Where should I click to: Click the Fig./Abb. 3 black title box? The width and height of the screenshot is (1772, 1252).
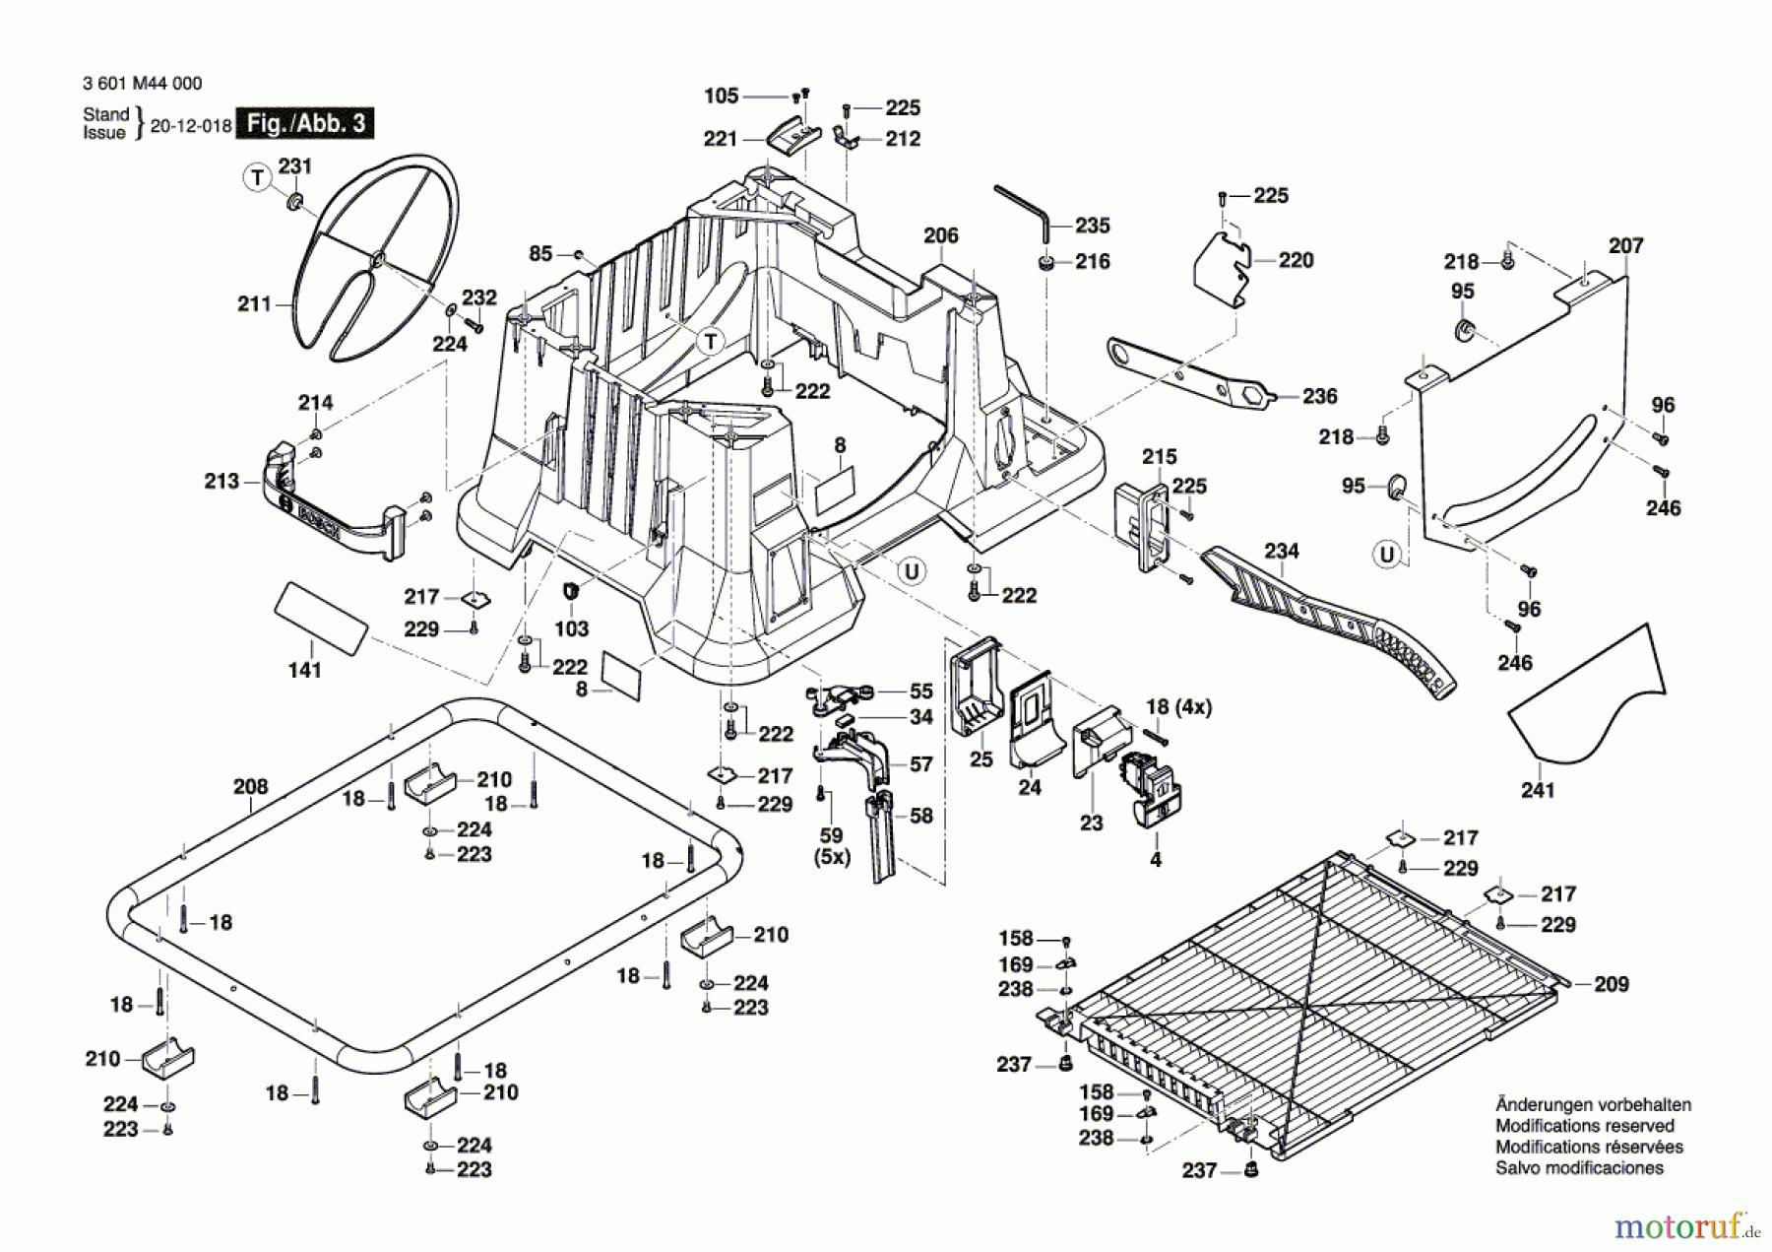(x=306, y=123)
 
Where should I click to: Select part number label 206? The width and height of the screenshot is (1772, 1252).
(x=941, y=235)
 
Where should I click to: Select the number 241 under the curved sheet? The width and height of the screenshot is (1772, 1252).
(x=1538, y=790)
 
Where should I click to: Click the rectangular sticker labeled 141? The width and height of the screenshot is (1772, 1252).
(x=321, y=618)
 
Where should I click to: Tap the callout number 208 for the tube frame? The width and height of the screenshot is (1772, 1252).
(x=250, y=786)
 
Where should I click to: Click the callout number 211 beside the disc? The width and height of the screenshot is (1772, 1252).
(x=254, y=304)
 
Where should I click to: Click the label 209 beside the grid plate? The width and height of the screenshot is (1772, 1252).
(x=1612, y=984)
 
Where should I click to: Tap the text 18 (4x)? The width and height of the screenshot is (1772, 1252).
(x=1178, y=707)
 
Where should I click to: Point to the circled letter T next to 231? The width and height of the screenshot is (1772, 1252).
(x=257, y=177)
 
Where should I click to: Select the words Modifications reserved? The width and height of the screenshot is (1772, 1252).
(x=1584, y=1126)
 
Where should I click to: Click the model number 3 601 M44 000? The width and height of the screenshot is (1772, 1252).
(x=143, y=84)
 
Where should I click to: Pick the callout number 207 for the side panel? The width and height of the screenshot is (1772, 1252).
(x=1625, y=245)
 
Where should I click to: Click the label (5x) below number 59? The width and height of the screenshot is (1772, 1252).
(x=832, y=858)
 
